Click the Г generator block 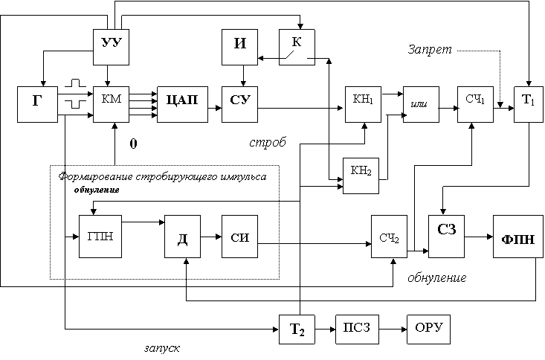point(37,103)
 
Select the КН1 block point(364,103)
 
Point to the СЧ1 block point(475,103)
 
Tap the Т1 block point(527,103)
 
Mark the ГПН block point(100,237)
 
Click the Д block point(182,239)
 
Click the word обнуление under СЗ point(437,279)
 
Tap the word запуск point(163,347)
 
